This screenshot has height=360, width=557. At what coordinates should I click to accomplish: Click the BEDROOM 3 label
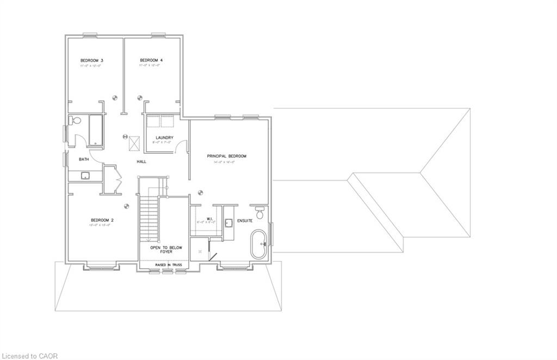click(92, 60)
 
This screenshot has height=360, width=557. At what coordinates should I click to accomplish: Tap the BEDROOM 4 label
click(151, 60)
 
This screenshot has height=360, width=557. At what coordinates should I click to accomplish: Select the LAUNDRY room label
click(164, 138)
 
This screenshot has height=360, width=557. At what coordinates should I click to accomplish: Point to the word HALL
click(141, 162)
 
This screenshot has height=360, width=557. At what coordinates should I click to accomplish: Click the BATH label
click(84, 159)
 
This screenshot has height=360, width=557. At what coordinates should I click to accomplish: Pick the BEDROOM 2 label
click(102, 220)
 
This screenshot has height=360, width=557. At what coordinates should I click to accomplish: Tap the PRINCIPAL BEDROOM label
click(226, 156)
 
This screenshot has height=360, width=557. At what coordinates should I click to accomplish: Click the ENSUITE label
click(245, 220)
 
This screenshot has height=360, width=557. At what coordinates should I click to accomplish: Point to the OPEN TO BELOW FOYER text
click(166, 250)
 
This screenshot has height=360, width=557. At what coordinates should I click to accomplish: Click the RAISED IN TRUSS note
click(166, 264)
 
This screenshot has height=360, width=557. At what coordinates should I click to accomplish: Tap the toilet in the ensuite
click(259, 213)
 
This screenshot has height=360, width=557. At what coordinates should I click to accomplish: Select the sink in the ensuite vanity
click(228, 221)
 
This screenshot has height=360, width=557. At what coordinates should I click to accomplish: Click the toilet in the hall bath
click(75, 120)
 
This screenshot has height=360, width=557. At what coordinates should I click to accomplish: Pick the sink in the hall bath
click(85, 175)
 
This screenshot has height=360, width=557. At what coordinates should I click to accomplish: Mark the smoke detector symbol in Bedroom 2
click(127, 206)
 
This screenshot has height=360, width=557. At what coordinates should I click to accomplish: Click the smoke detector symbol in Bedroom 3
click(115, 98)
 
